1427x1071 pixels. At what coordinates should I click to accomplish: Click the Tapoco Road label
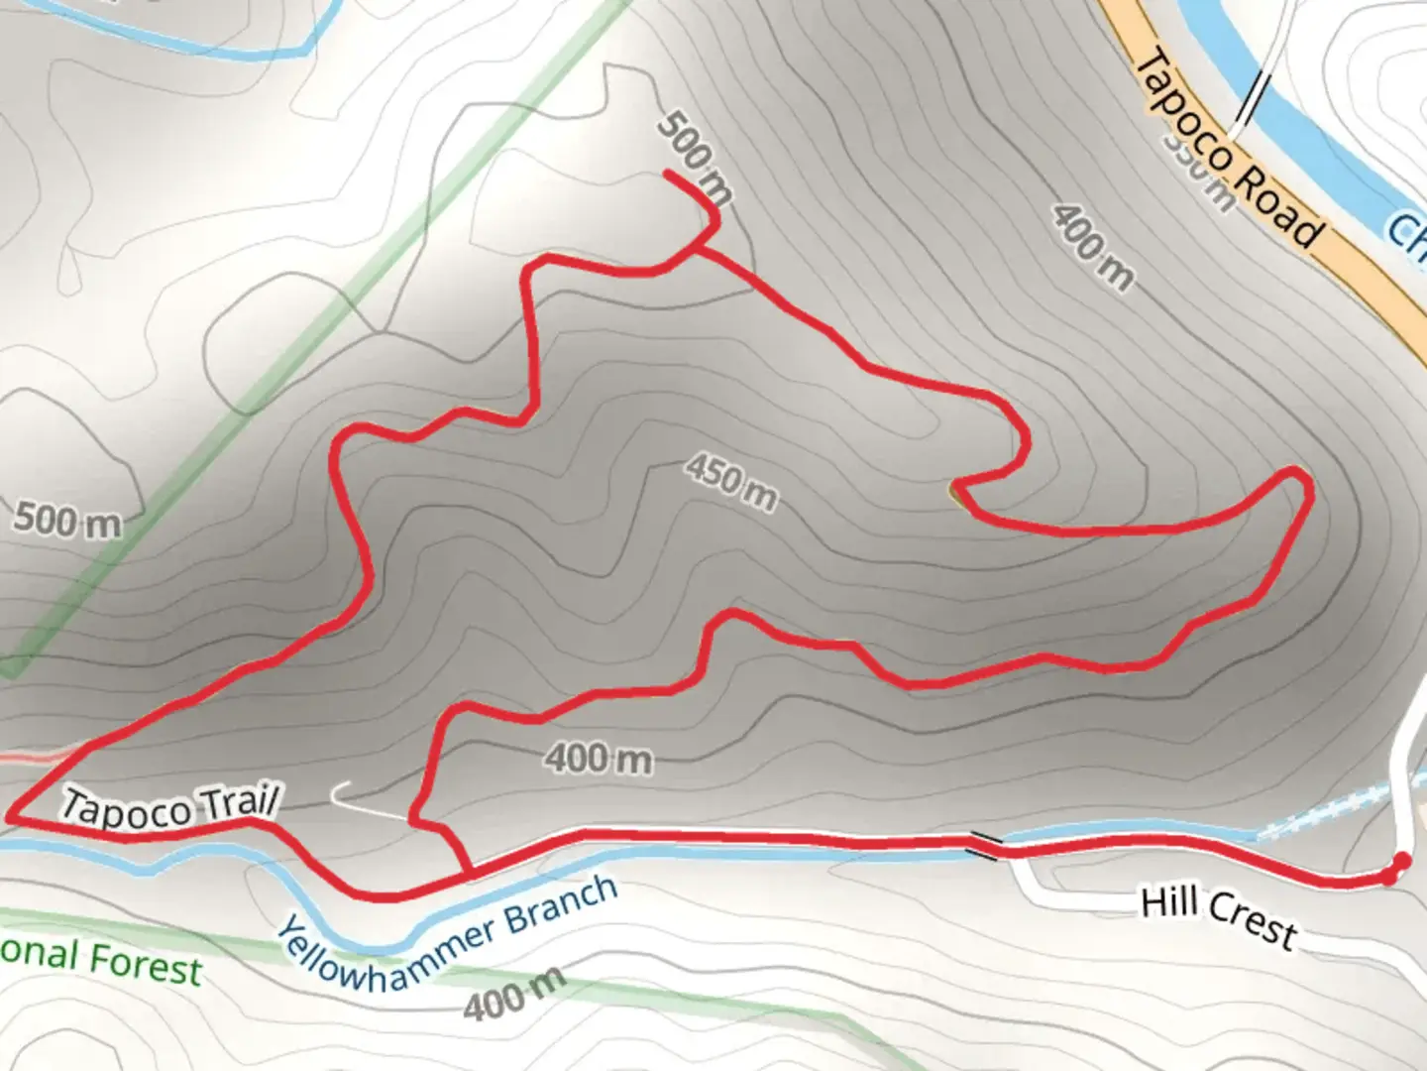click(1228, 149)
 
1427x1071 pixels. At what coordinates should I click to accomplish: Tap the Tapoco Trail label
click(171, 805)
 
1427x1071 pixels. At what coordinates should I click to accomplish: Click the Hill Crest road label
click(1218, 916)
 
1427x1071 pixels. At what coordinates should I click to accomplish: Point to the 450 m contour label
click(731, 481)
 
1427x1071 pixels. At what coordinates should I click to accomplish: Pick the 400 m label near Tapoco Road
click(1093, 248)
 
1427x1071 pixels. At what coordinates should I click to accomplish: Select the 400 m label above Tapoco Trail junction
click(599, 760)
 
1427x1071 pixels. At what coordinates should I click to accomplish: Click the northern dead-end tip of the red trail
click(665, 175)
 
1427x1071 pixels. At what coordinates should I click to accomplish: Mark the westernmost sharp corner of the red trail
click(10, 817)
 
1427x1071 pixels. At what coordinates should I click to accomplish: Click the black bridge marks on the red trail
click(985, 845)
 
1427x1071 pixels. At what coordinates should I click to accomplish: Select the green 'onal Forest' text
click(99, 960)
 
